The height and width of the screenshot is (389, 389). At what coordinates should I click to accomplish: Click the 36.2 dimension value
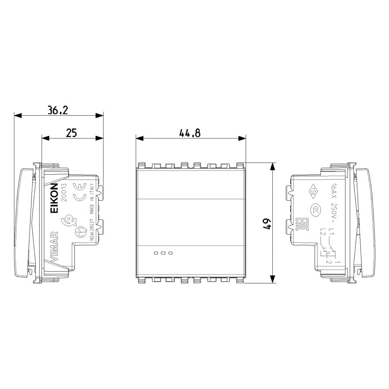tap(58, 110)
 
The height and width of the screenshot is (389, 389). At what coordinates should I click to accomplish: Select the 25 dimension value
tap(71, 133)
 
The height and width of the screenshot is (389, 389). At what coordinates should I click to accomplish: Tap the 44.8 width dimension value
tap(190, 133)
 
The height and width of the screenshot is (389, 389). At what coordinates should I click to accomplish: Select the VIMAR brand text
tap(54, 245)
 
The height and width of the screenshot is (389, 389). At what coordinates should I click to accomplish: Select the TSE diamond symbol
tap(313, 191)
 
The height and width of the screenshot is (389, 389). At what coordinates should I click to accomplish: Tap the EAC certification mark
tap(300, 223)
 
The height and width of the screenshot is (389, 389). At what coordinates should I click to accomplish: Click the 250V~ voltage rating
tap(333, 212)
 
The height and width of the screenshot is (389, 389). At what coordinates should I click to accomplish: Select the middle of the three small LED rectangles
tap(163, 253)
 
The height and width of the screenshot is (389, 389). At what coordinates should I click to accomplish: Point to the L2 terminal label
tap(322, 233)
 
